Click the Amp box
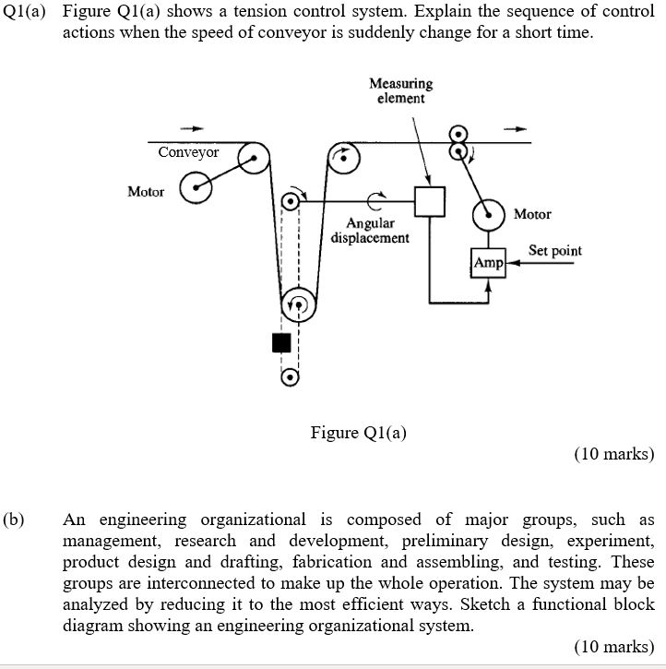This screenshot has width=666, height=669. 488,263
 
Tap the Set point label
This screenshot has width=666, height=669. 554,250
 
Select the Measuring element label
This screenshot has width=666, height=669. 400,90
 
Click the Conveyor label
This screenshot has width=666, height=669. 188,152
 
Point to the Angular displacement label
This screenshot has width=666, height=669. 371,231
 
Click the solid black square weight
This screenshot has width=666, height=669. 282,342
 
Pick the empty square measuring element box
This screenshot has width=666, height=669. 430,202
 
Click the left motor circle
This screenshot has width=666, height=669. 196,189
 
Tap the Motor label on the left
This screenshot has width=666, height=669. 146,191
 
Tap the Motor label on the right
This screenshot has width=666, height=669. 532,214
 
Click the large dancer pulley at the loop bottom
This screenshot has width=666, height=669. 297,304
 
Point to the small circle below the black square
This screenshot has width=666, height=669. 290,377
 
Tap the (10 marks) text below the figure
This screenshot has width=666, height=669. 613,454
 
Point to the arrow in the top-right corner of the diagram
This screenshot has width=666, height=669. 521,129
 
